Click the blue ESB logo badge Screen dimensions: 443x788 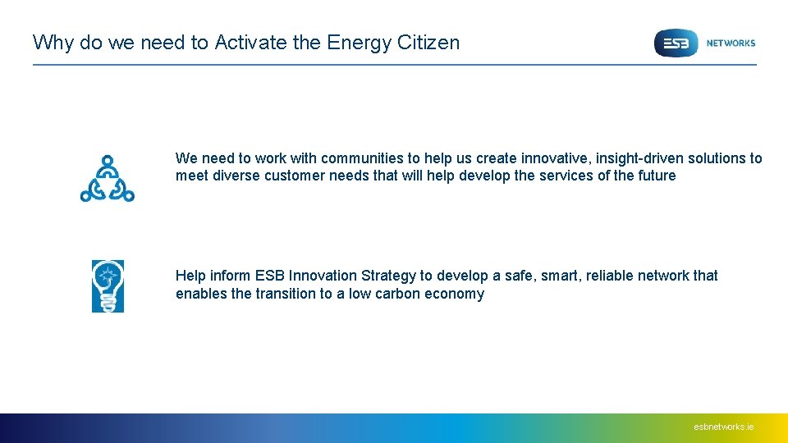coord(676,43)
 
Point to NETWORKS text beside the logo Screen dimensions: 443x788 coord(731,43)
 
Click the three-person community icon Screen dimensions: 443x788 coord(107,178)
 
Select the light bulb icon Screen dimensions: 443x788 coord(108,285)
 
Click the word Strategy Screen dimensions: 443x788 coord(388,276)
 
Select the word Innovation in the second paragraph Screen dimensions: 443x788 coord(323,276)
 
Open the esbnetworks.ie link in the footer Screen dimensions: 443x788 coord(723,427)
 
